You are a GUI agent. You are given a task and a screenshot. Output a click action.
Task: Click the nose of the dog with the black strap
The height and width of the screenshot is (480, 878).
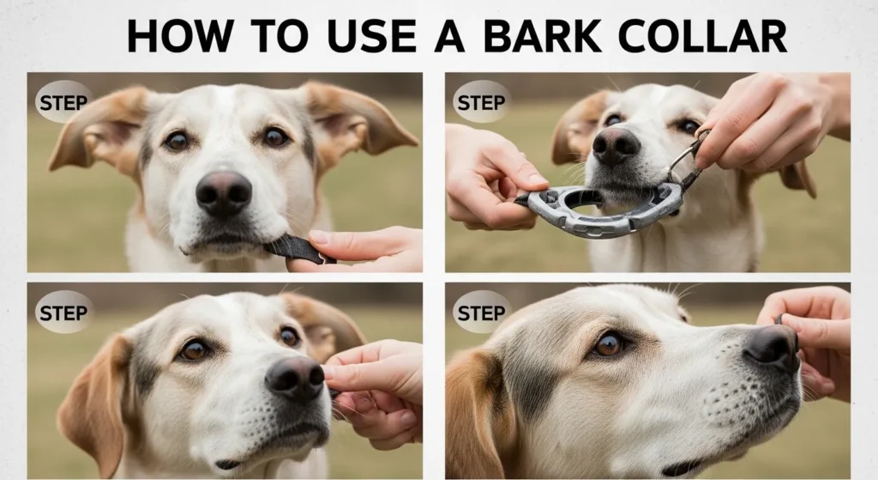(x=223, y=191)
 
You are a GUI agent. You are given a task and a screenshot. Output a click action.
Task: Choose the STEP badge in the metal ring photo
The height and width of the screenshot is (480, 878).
(x=481, y=102)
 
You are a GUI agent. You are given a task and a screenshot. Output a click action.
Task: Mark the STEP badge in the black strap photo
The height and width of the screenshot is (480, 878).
(x=63, y=102)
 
